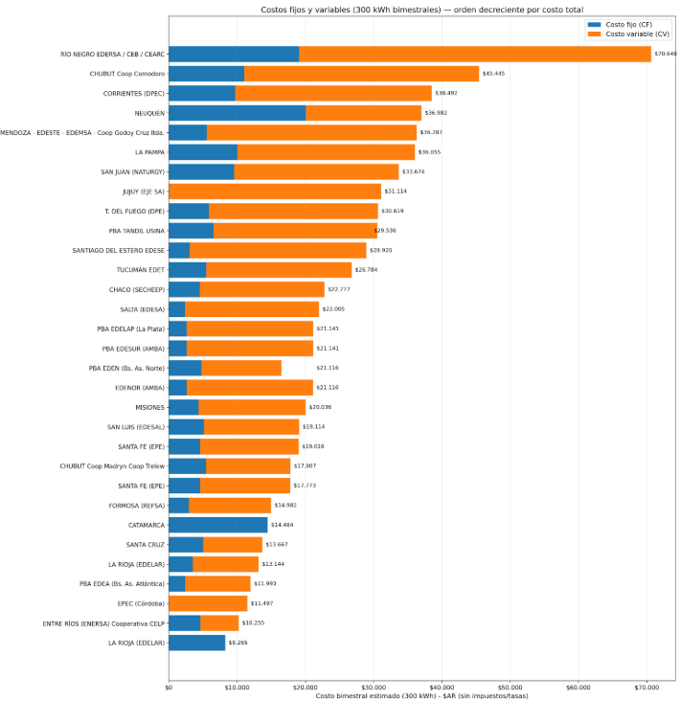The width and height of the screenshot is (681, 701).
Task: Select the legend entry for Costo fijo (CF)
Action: tap(622, 23)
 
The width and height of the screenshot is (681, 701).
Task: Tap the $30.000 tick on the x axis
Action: tap(374, 686)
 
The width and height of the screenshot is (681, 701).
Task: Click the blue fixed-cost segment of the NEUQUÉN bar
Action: tap(237, 113)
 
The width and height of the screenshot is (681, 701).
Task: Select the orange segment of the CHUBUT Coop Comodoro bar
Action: tap(361, 74)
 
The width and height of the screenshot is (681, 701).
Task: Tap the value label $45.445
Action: tap(494, 74)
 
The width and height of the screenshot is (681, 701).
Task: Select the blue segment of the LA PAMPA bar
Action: tap(202, 152)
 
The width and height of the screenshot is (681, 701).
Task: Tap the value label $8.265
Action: tap(238, 643)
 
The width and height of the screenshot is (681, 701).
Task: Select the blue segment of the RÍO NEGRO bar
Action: tap(234, 55)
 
